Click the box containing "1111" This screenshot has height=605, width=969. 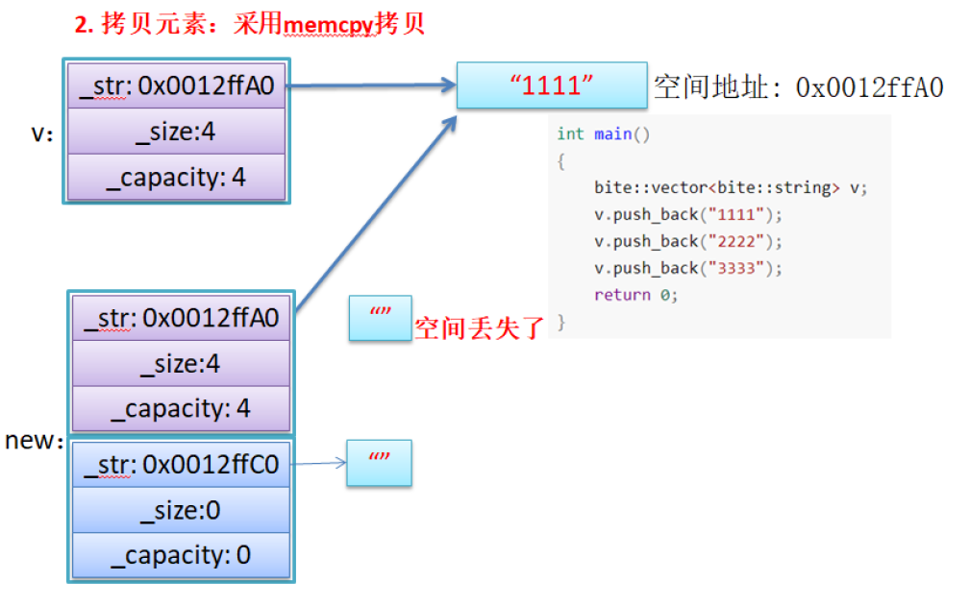point(552,85)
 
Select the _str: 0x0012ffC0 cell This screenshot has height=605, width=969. point(181,465)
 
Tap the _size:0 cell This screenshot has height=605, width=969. point(181,511)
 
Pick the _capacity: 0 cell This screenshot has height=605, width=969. point(181,555)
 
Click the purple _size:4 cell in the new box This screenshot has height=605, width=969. point(180,364)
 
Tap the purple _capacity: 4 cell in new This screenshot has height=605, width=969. point(180,408)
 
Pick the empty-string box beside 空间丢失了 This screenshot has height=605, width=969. point(380,318)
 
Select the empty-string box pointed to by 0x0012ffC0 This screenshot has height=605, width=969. point(380,463)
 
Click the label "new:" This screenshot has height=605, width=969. point(34,441)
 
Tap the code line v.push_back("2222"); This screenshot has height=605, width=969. point(688,241)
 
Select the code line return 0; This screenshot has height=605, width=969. point(635,295)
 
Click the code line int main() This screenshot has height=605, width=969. point(604,133)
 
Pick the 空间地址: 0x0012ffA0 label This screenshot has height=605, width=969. point(798,87)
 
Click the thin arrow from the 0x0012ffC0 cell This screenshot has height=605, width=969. point(317,464)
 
